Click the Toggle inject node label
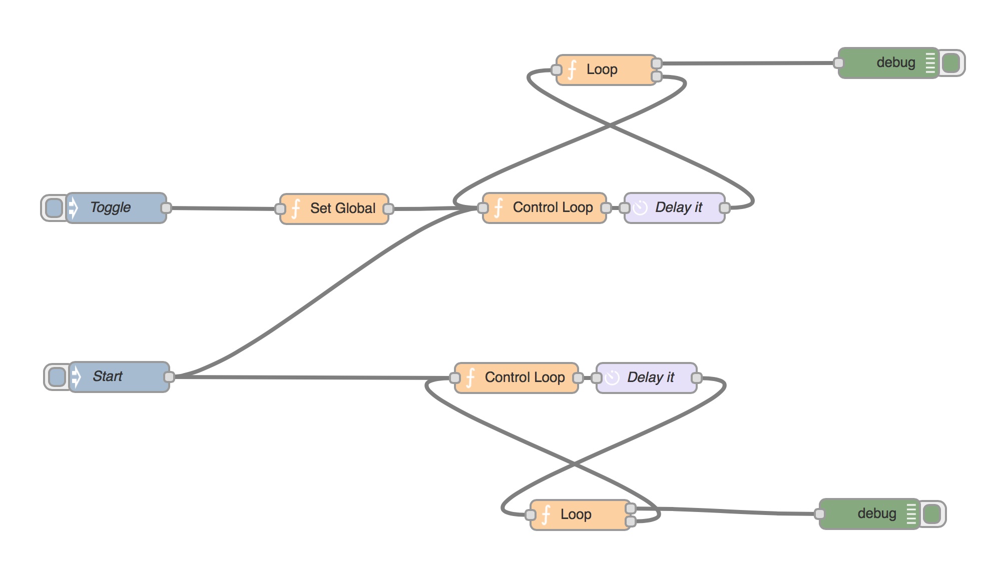click(111, 207)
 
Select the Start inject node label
click(108, 376)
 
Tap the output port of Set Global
click(388, 209)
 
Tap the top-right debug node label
click(895, 62)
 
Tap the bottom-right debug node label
click(876, 513)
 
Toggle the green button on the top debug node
click(950, 63)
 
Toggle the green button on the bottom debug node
click(931, 514)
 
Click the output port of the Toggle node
click(166, 208)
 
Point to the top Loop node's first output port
click(657, 63)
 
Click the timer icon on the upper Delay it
click(640, 207)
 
